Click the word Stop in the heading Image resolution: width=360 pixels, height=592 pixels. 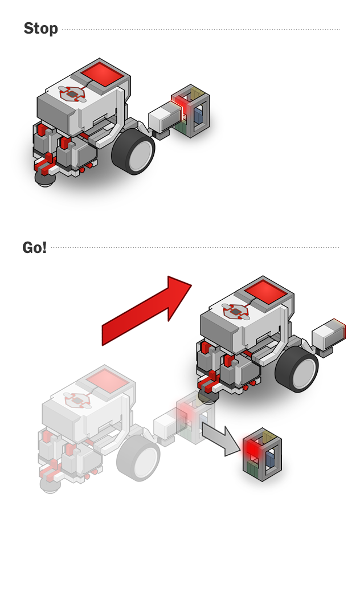41,28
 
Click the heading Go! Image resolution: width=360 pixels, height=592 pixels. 34,248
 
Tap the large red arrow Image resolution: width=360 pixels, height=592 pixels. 147,311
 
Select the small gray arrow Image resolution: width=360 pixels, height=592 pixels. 221,439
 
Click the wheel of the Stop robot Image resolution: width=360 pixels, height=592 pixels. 133,151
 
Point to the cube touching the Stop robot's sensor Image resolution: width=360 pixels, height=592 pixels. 191,111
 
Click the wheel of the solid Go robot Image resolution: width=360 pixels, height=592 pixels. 297,369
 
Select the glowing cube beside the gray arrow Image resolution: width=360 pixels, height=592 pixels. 262,455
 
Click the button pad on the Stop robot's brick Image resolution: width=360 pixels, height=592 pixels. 72,94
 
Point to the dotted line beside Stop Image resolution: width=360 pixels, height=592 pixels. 201,29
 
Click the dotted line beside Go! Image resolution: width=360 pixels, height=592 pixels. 195,248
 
